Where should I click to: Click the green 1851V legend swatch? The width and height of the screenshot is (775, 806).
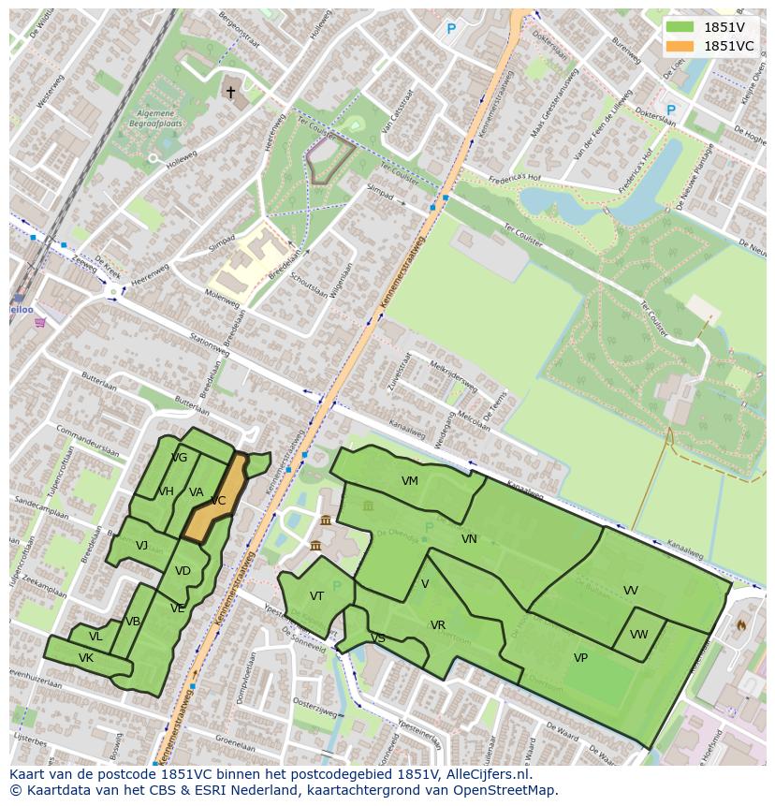coord(680,27)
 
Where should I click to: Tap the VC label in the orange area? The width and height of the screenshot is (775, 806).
coord(217,501)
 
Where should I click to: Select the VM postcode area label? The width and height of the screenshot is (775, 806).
coord(410,481)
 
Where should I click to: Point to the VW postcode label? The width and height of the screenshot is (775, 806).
coord(638,635)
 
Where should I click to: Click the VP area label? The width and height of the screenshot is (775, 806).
coord(580,658)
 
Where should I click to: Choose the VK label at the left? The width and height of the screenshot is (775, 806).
coord(86,658)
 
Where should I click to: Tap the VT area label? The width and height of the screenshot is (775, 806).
coord(316,596)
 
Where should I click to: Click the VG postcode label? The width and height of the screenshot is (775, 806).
coord(180,458)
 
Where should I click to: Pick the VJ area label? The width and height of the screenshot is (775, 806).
coord(141,546)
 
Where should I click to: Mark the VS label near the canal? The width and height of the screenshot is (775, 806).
coord(378,638)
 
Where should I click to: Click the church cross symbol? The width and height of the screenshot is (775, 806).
coord(230,92)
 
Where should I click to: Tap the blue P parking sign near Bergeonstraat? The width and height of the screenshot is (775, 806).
coord(450,29)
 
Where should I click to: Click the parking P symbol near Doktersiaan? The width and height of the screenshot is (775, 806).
coord(670,110)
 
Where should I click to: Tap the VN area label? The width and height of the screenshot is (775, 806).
coord(469,539)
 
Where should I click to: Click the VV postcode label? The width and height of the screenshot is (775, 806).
coord(631,591)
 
